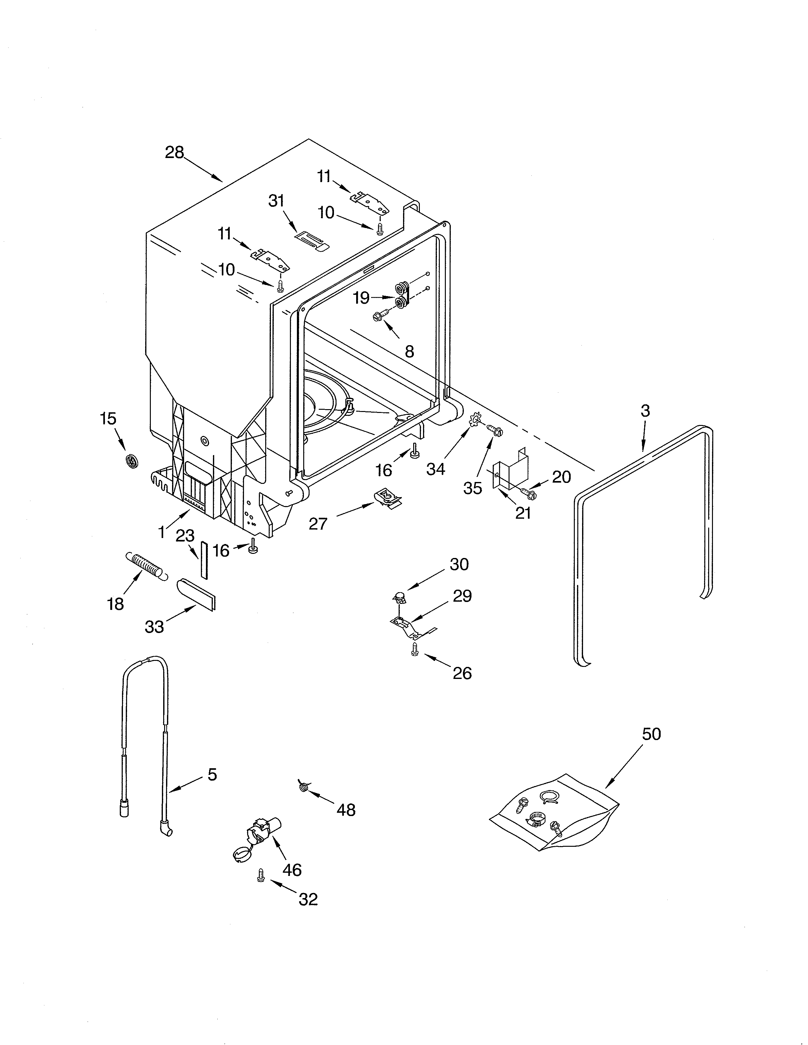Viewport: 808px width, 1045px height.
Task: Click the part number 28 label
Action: point(174,152)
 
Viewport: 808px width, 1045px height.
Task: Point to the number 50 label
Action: point(651,734)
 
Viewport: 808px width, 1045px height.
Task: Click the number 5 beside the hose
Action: point(212,775)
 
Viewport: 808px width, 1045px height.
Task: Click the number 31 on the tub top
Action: point(276,201)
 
